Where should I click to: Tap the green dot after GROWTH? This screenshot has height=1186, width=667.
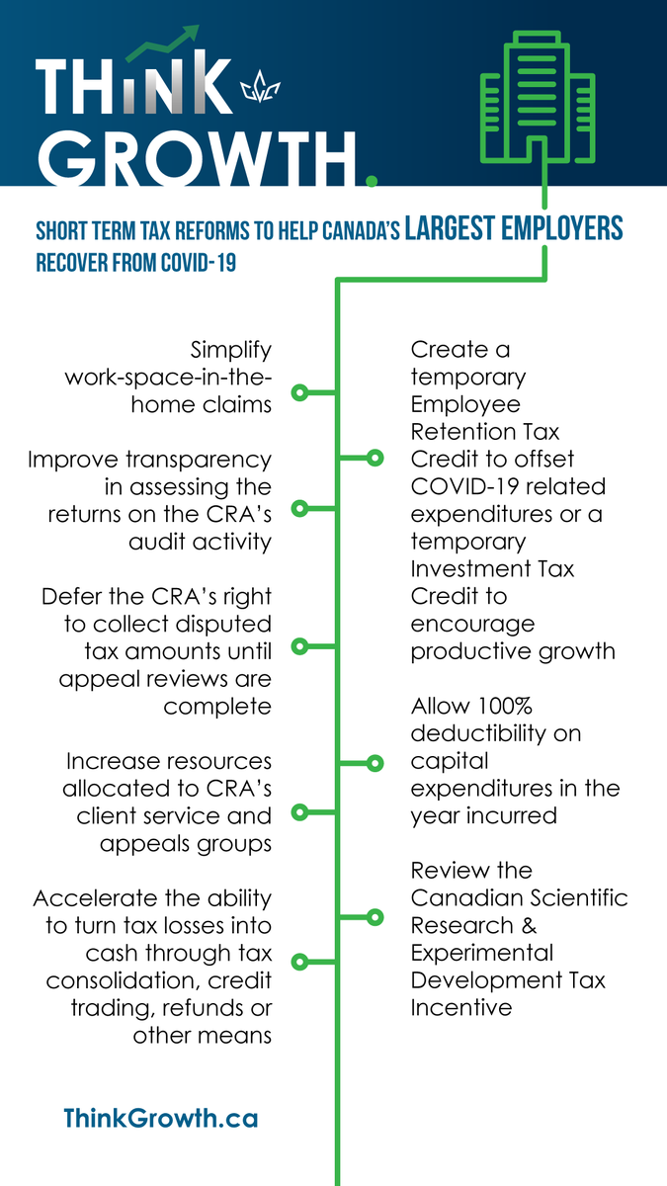point(372,180)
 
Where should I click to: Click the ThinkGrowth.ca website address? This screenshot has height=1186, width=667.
point(160,1118)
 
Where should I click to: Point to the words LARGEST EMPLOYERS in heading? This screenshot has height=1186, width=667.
point(514,229)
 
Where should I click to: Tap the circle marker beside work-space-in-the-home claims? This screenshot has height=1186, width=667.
point(300,392)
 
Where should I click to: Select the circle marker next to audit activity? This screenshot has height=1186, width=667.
point(300,508)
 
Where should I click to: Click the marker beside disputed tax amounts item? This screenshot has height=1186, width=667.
point(300,645)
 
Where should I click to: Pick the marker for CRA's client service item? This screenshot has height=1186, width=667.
point(300,811)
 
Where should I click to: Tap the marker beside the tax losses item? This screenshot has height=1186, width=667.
point(300,960)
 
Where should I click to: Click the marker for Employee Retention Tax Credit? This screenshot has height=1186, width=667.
point(375,458)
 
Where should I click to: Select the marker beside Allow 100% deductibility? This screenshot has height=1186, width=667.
point(375,762)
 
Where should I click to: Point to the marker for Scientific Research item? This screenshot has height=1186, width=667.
point(375,916)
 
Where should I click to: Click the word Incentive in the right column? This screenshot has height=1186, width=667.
point(461,1007)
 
